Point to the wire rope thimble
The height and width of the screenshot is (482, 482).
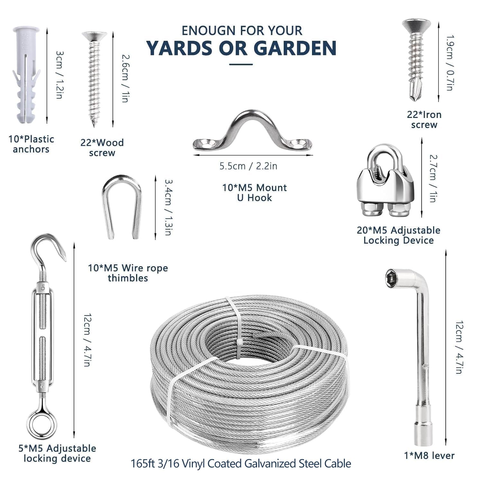tap(122, 206)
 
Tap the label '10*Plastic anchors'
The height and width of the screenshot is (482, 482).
tap(31, 144)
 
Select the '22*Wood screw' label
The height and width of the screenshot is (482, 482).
tap(102, 147)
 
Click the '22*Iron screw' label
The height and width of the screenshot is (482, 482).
tap(424, 120)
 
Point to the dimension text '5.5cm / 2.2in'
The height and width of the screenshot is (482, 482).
tap(248, 166)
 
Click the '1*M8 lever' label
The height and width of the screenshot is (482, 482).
tap(429, 455)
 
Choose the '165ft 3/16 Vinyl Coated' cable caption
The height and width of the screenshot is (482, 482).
tap(241, 464)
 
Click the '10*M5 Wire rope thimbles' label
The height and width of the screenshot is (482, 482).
tap(128, 273)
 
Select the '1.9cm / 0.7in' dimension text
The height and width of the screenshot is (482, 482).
tap(450, 63)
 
